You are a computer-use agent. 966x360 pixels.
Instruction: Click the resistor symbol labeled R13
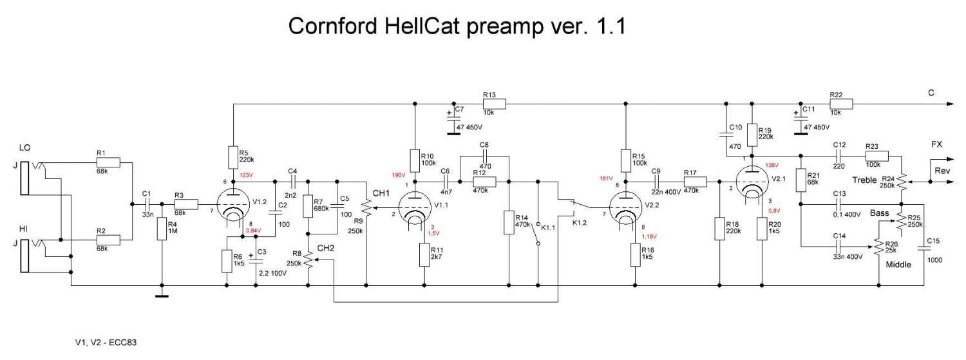495,103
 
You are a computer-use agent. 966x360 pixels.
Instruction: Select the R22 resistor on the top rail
841,103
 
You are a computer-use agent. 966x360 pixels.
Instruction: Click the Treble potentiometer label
864,180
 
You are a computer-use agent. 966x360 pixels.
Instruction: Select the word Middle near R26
898,265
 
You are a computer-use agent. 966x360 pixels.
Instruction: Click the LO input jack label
25,149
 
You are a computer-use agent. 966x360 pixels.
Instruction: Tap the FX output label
937,144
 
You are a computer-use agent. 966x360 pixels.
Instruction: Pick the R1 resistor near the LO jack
110,162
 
